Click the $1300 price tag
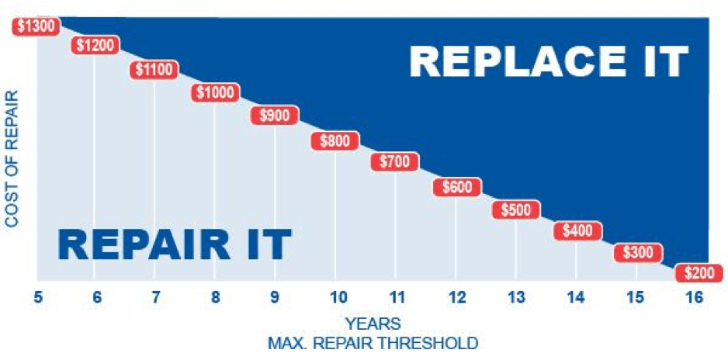point(36,26)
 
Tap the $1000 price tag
point(216,92)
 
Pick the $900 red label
point(275,115)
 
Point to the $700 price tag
point(394,161)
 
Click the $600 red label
point(457,187)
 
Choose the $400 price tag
point(577,230)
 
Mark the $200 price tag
point(699,273)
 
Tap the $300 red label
point(638,253)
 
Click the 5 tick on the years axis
point(37,297)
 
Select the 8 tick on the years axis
point(216,297)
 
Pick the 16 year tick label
point(695,297)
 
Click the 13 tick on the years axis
point(516,297)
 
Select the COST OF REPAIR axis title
point(12,159)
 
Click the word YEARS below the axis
point(373,323)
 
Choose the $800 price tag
point(335,141)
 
